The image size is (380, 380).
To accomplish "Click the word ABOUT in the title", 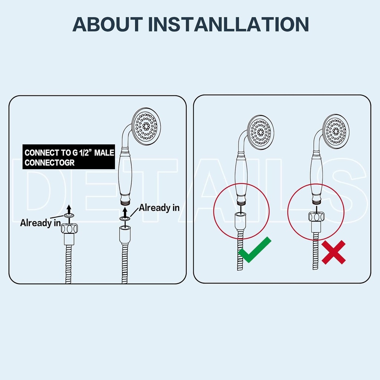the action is point(108,24).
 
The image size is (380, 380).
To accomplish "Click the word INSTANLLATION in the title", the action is point(228,24).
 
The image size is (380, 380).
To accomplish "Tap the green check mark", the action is point(255,250).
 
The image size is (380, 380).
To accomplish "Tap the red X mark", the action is point(334,252).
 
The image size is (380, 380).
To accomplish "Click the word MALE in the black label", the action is point(104,153).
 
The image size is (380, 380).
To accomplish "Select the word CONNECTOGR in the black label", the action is point(49,163).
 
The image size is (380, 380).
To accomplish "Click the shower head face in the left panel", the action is point(146,126).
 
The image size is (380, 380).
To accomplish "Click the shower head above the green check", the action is point(261,132).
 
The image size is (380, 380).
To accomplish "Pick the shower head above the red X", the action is point(336,131).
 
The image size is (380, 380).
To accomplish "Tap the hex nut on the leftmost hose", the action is point(69,229).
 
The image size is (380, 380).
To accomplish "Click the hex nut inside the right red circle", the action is point(316,216).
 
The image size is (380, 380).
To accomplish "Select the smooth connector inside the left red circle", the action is point(240,221).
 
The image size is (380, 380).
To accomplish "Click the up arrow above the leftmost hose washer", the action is point(69,209).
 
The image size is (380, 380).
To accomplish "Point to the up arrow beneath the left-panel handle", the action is point(125,212).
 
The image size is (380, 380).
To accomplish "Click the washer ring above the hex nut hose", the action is point(69,216).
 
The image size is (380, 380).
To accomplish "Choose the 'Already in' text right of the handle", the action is point(159,208).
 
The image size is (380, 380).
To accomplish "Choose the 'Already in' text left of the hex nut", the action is point(40,223).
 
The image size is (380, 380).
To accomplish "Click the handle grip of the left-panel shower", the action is point(125,176).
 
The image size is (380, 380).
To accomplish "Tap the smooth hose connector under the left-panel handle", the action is point(125,235).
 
